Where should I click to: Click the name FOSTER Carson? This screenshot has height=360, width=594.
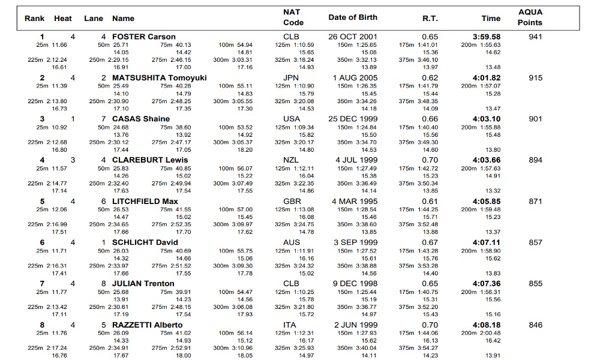tap(143, 37)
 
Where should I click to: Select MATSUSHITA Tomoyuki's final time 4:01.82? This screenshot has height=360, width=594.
tap(486, 78)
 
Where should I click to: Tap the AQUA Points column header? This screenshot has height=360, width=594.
tap(530, 17)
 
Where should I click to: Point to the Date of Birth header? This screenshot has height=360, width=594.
tap(353, 17)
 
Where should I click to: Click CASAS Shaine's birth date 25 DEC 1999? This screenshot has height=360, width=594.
tap(353, 119)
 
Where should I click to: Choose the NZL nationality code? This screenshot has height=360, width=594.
tap(291, 160)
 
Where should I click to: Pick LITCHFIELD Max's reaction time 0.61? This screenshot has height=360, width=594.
tap(430, 202)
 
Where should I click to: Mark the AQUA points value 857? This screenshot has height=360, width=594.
tap(535, 242)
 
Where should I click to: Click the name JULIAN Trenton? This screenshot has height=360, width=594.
tap(143, 284)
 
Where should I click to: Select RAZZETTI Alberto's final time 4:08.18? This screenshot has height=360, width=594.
tap(486, 325)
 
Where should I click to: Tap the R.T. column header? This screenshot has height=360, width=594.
tap(430, 19)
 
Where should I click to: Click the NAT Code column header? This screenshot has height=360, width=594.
tap(292, 17)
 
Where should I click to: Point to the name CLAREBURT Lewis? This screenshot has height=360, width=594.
tap(150, 160)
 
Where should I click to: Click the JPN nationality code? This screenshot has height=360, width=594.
tap(291, 78)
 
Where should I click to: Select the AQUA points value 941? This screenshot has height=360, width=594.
tap(535, 37)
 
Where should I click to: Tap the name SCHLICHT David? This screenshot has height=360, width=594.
tap(145, 242)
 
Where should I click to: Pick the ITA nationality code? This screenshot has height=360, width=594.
tap(290, 325)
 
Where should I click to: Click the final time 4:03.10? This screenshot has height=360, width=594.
tap(486, 119)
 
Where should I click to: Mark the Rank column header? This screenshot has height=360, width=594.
tap(34, 19)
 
